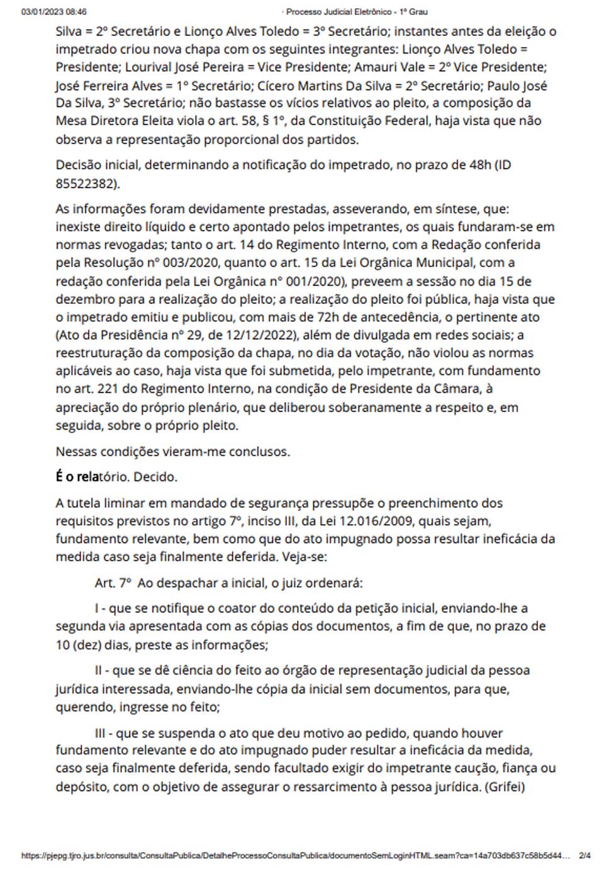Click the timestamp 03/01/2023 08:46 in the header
54,12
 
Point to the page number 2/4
584,856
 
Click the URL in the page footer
296,856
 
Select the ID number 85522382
85,184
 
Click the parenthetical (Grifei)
505,787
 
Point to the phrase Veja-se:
305,557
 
